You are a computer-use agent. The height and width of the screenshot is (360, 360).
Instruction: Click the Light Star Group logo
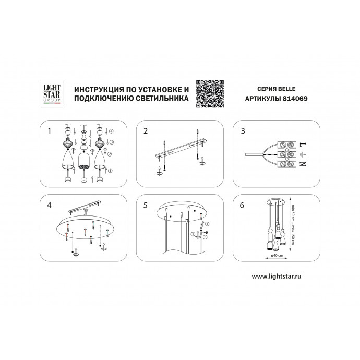tap(52, 93)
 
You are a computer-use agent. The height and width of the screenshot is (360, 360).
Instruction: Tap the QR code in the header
tap(210, 94)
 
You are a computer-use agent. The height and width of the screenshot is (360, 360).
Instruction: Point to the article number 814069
tap(295, 99)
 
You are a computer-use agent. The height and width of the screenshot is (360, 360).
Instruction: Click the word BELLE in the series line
tap(287, 89)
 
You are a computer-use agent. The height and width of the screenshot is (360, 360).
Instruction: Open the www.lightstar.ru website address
tap(277, 276)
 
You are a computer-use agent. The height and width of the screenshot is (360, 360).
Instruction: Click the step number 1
tap(49, 131)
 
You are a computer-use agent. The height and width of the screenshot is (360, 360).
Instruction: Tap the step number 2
tap(146, 131)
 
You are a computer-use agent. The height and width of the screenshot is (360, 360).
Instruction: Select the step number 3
tap(243, 131)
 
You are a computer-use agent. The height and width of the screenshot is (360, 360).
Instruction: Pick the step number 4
tap(49, 205)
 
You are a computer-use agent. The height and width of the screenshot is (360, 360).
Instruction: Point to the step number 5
tap(146, 205)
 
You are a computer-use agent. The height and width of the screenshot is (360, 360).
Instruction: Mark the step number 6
tap(242, 205)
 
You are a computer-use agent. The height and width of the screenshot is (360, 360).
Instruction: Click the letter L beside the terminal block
tap(303, 145)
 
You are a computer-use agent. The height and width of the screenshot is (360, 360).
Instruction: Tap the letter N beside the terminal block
tap(303, 164)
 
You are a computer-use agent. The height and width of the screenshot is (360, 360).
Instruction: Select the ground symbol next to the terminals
tap(303, 154)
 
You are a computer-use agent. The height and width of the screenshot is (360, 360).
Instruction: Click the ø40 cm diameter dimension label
tap(277, 255)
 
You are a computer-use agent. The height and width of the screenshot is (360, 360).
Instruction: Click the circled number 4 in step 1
tap(111, 131)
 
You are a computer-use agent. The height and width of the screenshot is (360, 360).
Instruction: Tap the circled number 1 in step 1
tap(110, 171)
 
